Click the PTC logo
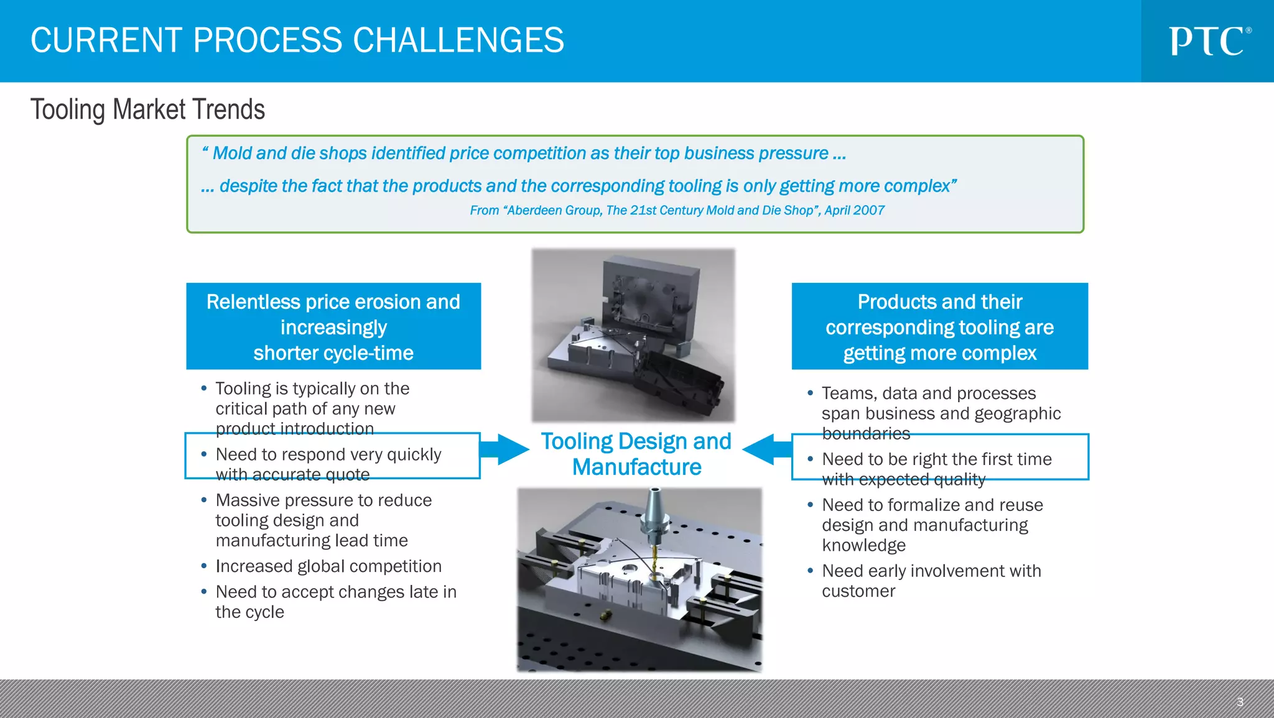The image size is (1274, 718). (x=1209, y=41)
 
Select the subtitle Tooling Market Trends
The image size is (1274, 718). (x=148, y=109)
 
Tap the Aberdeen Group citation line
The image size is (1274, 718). (x=677, y=211)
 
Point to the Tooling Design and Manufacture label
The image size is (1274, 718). (x=636, y=454)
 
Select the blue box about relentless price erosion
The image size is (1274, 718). (x=333, y=326)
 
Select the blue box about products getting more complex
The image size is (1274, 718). (x=939, y=326)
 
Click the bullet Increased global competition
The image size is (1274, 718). (x=328, y=566)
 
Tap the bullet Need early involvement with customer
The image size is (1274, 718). (x=931, y=581)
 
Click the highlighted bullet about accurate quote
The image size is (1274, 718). (x=328, y=464)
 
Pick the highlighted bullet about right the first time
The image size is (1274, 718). (x=936, y=469)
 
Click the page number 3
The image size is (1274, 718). (x=1239, y=702)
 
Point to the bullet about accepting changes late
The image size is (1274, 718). (x=335, y=601)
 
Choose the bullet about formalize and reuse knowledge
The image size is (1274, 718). (x=932, y=525)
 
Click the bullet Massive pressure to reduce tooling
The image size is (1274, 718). (x=323, y=520)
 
